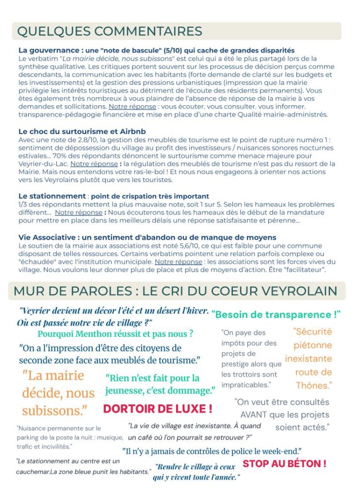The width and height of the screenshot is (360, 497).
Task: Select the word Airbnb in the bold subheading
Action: (131, 132)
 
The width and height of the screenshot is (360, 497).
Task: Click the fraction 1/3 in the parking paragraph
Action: (23, 204)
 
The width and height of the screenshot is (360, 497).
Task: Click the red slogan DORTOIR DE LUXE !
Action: (158, 409)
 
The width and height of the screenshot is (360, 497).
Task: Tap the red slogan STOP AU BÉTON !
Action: (284, 464)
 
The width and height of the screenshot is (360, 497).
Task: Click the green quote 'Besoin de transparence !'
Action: (276, 314)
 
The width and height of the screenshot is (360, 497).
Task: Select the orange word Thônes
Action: (313, 386)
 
